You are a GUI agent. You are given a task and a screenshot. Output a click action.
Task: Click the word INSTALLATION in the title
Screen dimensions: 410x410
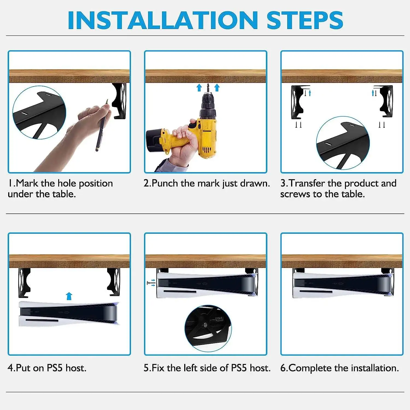click(x=163, y=20)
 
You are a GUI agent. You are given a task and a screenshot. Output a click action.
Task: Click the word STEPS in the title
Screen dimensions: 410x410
click(x=304, y=20)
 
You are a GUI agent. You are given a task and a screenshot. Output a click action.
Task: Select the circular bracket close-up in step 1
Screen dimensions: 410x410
click(x=39, y=112)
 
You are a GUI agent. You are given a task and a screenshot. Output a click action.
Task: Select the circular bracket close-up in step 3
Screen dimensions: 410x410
click(x=343, y=143)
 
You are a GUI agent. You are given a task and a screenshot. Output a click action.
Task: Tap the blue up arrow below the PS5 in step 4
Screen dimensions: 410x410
click(x=69, y=296)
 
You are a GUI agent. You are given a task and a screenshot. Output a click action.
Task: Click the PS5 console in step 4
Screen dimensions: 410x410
click(x=69, y=314)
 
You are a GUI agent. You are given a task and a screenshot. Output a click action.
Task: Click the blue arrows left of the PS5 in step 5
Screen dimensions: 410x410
click(x=151, y=283)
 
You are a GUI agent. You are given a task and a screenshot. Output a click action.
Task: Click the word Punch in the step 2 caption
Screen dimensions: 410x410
click(x=165, y=183)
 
